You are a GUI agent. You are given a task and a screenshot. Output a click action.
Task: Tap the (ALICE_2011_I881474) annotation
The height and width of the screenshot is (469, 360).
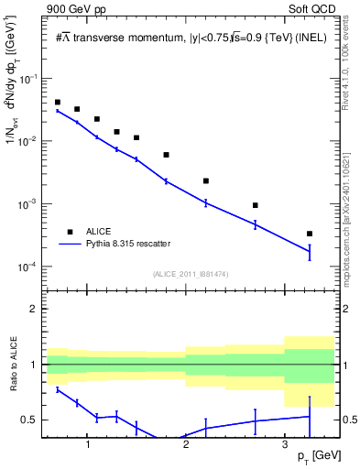click(x=189, y=274)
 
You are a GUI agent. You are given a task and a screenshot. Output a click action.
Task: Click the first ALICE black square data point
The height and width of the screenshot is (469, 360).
click(x=58, y=103)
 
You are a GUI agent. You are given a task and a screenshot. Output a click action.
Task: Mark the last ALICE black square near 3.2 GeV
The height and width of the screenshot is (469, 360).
click(x=310, y=234)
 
